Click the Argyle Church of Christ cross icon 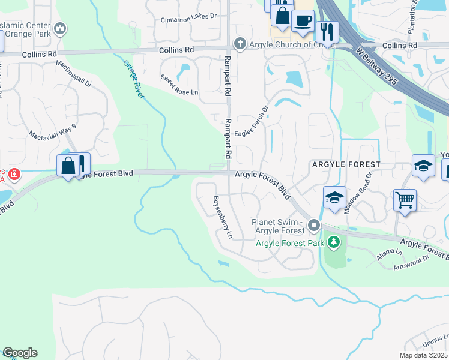pyautogui.click(x=240, y=43)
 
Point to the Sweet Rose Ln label pyautogui.click(x=178, y=85)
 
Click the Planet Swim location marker pyautogui.click(x=313, y=226)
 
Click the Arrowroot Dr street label pyautogui.click(x=413, y=262)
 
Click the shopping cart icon pyautogui.click(x=405, y=200)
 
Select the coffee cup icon pyautogui.click(x=302, y=20)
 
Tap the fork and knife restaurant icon pyautogui.click(x=327, y=31)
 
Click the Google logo pyautogui.click(x=20, y=353)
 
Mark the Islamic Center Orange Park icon pyautogui.click(x=59, y=28)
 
